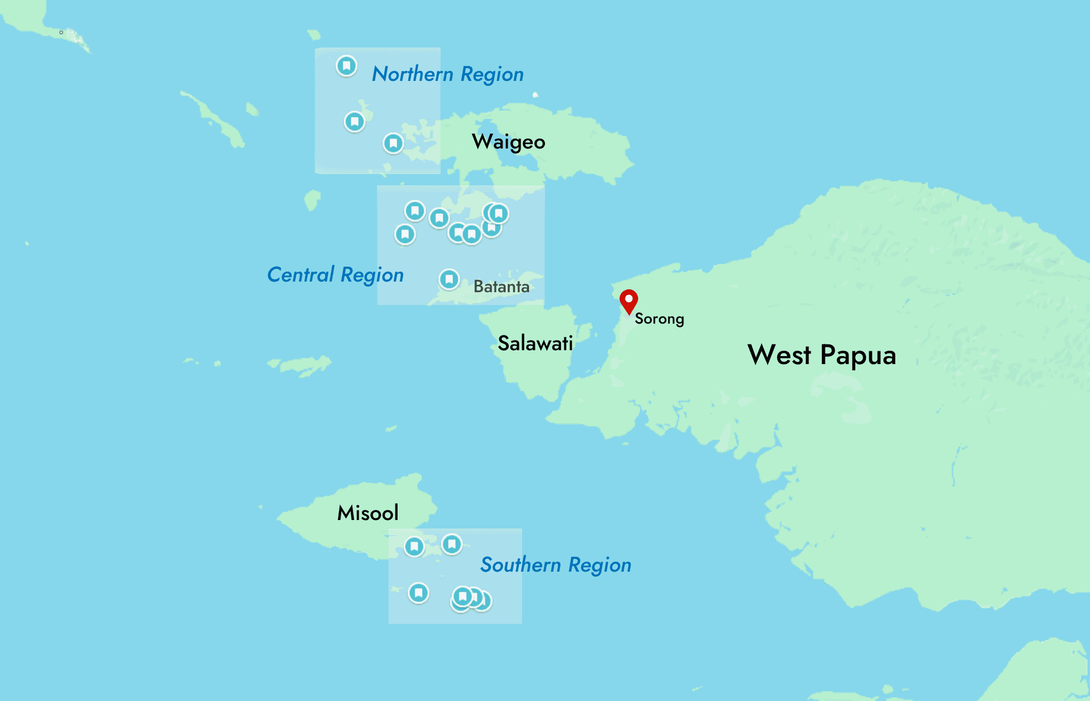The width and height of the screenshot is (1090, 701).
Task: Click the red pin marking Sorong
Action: coord(629,300)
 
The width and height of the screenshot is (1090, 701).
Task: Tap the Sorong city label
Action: coord(659,319)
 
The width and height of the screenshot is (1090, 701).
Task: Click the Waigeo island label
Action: coord(508,142)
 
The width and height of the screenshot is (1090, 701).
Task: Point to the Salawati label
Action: coord(535,343)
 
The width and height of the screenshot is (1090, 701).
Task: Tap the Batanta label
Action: coord(501,287)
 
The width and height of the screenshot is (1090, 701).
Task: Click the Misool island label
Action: coord(368,513)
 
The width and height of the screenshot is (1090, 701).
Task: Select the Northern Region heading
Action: coord(448,75)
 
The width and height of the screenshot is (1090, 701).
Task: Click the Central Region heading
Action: coord(335,275)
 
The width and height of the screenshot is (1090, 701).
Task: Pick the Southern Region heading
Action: coord(556,565)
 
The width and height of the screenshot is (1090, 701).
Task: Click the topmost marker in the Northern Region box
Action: coord(346,66)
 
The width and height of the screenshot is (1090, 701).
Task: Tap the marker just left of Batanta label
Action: coord(449,279)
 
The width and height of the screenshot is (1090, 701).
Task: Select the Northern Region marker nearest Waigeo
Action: coord(393,143)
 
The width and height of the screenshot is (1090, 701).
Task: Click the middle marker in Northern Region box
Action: coord(354,121)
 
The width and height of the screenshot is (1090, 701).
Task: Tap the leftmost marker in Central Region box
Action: coord(405,234)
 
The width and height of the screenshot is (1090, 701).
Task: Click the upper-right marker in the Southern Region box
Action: coord(452,544)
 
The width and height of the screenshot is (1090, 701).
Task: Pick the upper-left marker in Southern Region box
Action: coord(414,546)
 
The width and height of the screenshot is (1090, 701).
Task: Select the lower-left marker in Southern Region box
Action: coord(418,592)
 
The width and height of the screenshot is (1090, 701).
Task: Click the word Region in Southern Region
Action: coord(600,565)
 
